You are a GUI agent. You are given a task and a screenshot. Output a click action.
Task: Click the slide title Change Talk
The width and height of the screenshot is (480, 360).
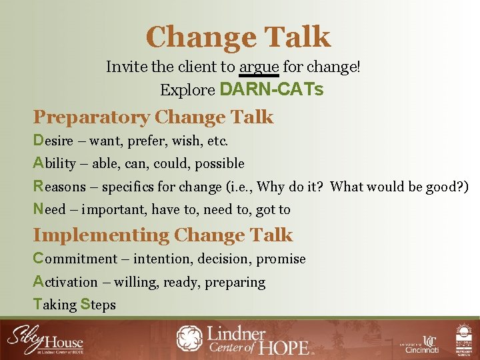[x=238, y=37]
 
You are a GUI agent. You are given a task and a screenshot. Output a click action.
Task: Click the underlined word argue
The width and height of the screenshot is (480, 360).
[x=259, y=67]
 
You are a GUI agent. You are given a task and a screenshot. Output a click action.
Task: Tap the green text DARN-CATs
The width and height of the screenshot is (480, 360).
[x=271, y=89]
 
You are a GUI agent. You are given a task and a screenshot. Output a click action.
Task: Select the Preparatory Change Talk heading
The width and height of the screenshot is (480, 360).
[x=153, y=117]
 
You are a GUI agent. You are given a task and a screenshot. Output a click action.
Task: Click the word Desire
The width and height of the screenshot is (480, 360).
[x=57, y=141]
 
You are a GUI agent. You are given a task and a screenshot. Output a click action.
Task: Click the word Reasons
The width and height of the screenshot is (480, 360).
[x=59, y=187]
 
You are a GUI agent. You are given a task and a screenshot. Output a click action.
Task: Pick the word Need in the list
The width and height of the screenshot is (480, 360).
[x=50, y=209]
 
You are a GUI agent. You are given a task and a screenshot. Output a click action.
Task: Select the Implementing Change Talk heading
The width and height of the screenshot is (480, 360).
[x=163, y=235]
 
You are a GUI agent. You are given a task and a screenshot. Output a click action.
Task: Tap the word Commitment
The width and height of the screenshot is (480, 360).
[x=75, y=259]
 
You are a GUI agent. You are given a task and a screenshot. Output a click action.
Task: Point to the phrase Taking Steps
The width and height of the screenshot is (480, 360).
[x=74, y=305]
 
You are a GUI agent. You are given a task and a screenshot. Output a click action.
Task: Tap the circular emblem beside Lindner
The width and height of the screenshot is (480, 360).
[x=191, y=339]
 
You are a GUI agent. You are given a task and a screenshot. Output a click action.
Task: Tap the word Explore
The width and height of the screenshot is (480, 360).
[x=187, y=89]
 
